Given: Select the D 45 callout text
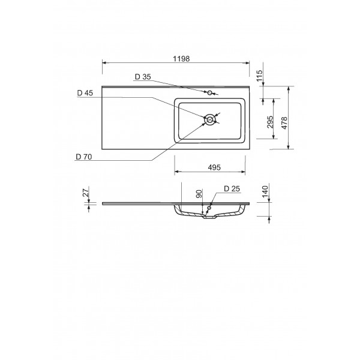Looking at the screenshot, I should click(x=85, y=93).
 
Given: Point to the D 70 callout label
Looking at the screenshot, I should click(x=85, y=157).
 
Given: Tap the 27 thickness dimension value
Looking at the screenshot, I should click(x=86, y=193).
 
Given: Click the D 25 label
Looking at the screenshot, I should click(x=232, y=189).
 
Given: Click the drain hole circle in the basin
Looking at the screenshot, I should click(x=209, y=120).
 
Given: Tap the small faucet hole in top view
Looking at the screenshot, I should click(x=210, y=93).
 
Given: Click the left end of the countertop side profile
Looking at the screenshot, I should click(x=103, y=202).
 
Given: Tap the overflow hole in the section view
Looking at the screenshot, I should click(x=209, y=208).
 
